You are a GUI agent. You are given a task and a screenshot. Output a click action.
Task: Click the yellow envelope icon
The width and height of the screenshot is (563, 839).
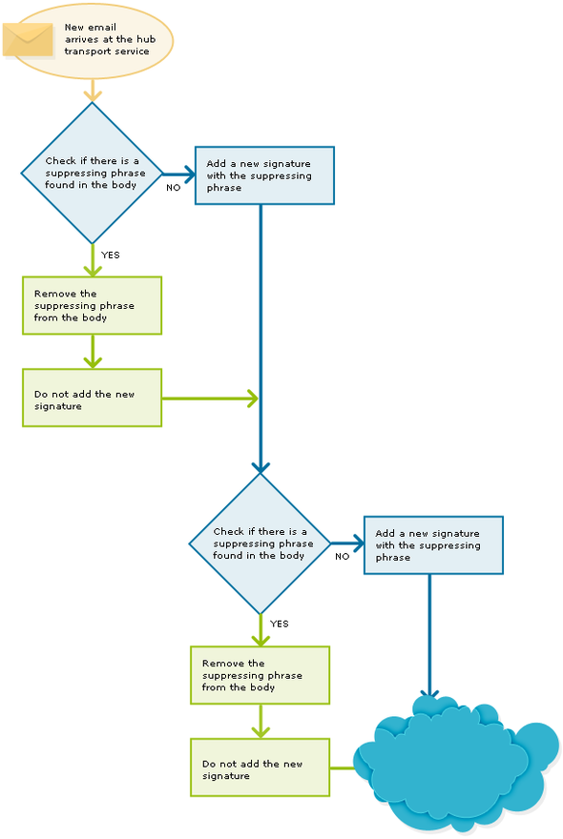[28, 39]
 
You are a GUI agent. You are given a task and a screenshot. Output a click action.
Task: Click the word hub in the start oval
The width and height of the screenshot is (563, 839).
[146, 39]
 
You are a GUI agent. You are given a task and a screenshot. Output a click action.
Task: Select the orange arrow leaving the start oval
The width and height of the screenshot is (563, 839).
[93, 90]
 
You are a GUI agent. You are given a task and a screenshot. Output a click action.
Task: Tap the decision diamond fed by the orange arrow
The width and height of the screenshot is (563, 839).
[93, 173]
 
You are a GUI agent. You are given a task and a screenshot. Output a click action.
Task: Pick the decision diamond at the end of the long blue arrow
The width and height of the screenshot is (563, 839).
[261, 543]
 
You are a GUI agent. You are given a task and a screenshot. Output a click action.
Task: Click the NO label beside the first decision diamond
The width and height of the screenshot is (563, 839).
[173, 187]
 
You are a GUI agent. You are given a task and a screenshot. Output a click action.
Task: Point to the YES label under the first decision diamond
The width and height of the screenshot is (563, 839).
[111, 255]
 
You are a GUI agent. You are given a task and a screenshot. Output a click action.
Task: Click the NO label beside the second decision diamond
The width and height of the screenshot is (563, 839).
[342, 556]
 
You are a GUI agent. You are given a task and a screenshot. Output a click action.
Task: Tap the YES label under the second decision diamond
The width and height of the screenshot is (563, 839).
[279, 624]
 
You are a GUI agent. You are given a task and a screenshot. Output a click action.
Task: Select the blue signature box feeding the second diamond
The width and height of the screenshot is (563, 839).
[264, 175]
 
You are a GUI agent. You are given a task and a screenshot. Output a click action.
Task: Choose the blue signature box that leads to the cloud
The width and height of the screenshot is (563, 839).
[433, 545]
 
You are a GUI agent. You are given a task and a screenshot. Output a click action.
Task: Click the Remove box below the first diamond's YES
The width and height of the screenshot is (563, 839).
[93, 305]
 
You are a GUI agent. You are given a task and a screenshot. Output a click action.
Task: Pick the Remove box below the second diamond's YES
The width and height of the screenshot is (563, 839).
[260, 675]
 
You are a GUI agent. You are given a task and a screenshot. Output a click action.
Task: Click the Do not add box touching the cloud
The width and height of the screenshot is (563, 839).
[260, 767]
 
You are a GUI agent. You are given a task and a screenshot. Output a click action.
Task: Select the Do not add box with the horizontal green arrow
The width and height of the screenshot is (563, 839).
[93, 398]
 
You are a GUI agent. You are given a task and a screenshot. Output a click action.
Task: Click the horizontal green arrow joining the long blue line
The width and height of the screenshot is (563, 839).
[210, 399]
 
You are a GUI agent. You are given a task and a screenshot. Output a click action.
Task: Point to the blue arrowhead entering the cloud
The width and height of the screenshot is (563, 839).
[429, 694]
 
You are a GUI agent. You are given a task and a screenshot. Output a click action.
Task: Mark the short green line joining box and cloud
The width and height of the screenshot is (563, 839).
[342, 767]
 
